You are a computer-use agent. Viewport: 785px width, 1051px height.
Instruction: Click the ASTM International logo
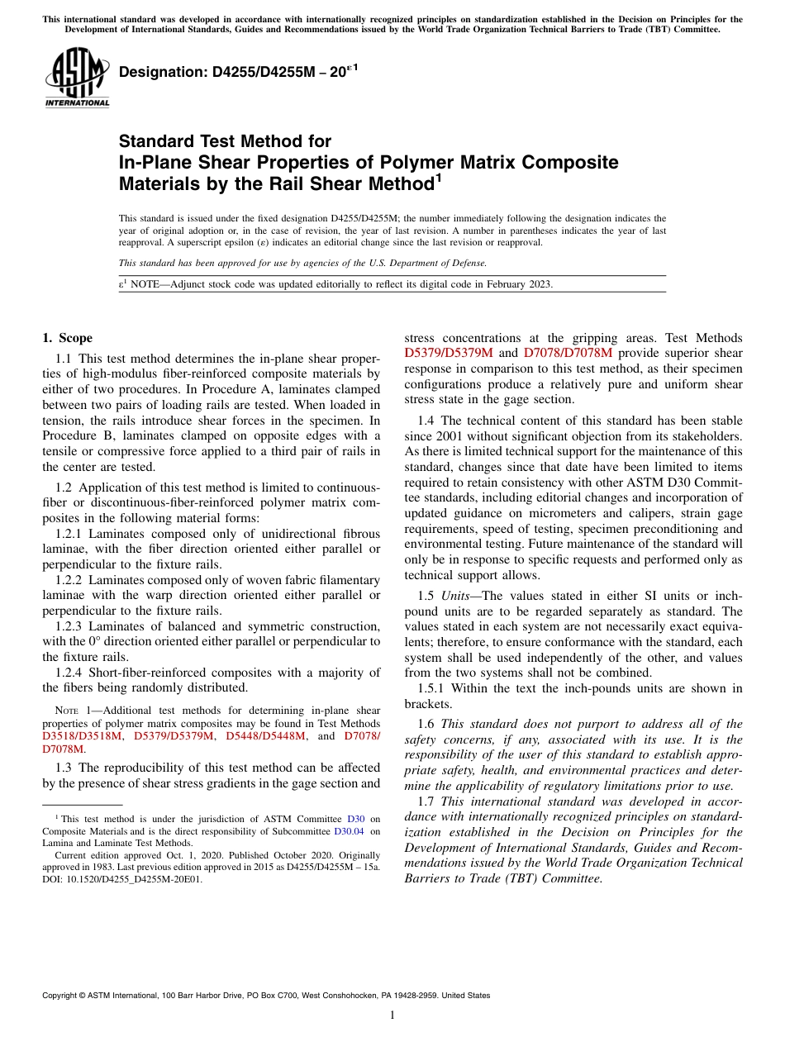[76, 77]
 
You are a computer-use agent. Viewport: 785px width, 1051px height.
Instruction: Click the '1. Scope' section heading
[67, 338]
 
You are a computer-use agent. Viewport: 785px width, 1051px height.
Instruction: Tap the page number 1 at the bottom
[392, 1015]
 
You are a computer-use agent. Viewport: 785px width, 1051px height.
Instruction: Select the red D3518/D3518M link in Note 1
[82, 735]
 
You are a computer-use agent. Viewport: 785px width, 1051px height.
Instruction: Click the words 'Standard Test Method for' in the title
[225, 141]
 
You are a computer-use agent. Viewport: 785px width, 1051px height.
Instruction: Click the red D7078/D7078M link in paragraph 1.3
[568, 353]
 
